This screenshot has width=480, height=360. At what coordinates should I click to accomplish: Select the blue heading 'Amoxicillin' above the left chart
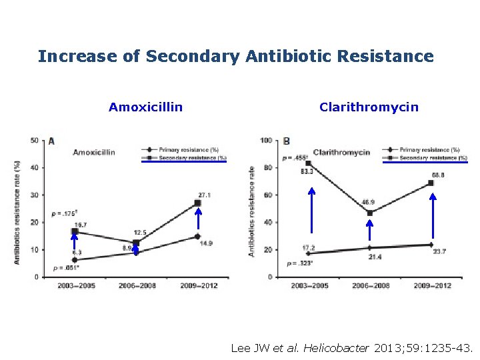(145, 107)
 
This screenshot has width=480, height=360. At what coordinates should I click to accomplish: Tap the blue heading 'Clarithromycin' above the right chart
(369, 107)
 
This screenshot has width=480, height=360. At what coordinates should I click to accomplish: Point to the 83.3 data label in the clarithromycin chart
(307, 171)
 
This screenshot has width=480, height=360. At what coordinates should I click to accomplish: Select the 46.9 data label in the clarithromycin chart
(367, 202)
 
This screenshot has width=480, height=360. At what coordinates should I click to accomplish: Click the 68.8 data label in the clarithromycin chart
(438, 174)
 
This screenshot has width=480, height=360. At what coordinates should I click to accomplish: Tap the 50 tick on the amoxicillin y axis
(33, 140)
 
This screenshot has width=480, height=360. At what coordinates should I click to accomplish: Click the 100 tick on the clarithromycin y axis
(266, 140)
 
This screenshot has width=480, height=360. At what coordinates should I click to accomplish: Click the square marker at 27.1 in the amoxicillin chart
(197, 203)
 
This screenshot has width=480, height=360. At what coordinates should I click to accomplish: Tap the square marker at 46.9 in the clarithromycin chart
(370, 213)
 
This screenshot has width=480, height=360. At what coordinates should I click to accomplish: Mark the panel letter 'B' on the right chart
(286, 141)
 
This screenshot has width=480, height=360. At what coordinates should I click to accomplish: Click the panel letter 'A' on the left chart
(51, 141)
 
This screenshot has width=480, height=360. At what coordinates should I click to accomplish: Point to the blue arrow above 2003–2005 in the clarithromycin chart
(311, 217)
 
